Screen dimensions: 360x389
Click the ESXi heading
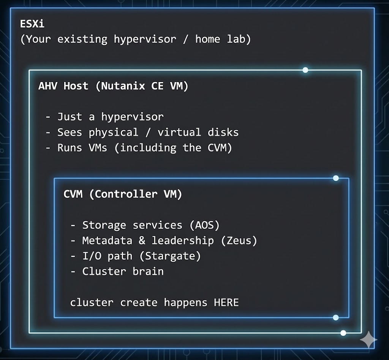32,24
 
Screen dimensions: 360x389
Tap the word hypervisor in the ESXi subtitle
145,39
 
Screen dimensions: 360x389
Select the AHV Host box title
113,86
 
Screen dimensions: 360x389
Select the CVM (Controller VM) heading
123,194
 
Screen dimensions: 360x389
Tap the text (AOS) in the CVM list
204,225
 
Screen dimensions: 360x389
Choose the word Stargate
170,256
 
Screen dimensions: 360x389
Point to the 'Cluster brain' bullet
123,272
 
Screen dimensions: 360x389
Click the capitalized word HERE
226,303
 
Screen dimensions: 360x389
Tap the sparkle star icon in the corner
368,340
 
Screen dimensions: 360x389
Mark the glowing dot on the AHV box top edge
305,70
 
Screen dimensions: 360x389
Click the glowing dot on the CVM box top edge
335,178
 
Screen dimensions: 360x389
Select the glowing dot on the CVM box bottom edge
335,317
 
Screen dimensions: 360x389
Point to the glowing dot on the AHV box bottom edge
343,333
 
